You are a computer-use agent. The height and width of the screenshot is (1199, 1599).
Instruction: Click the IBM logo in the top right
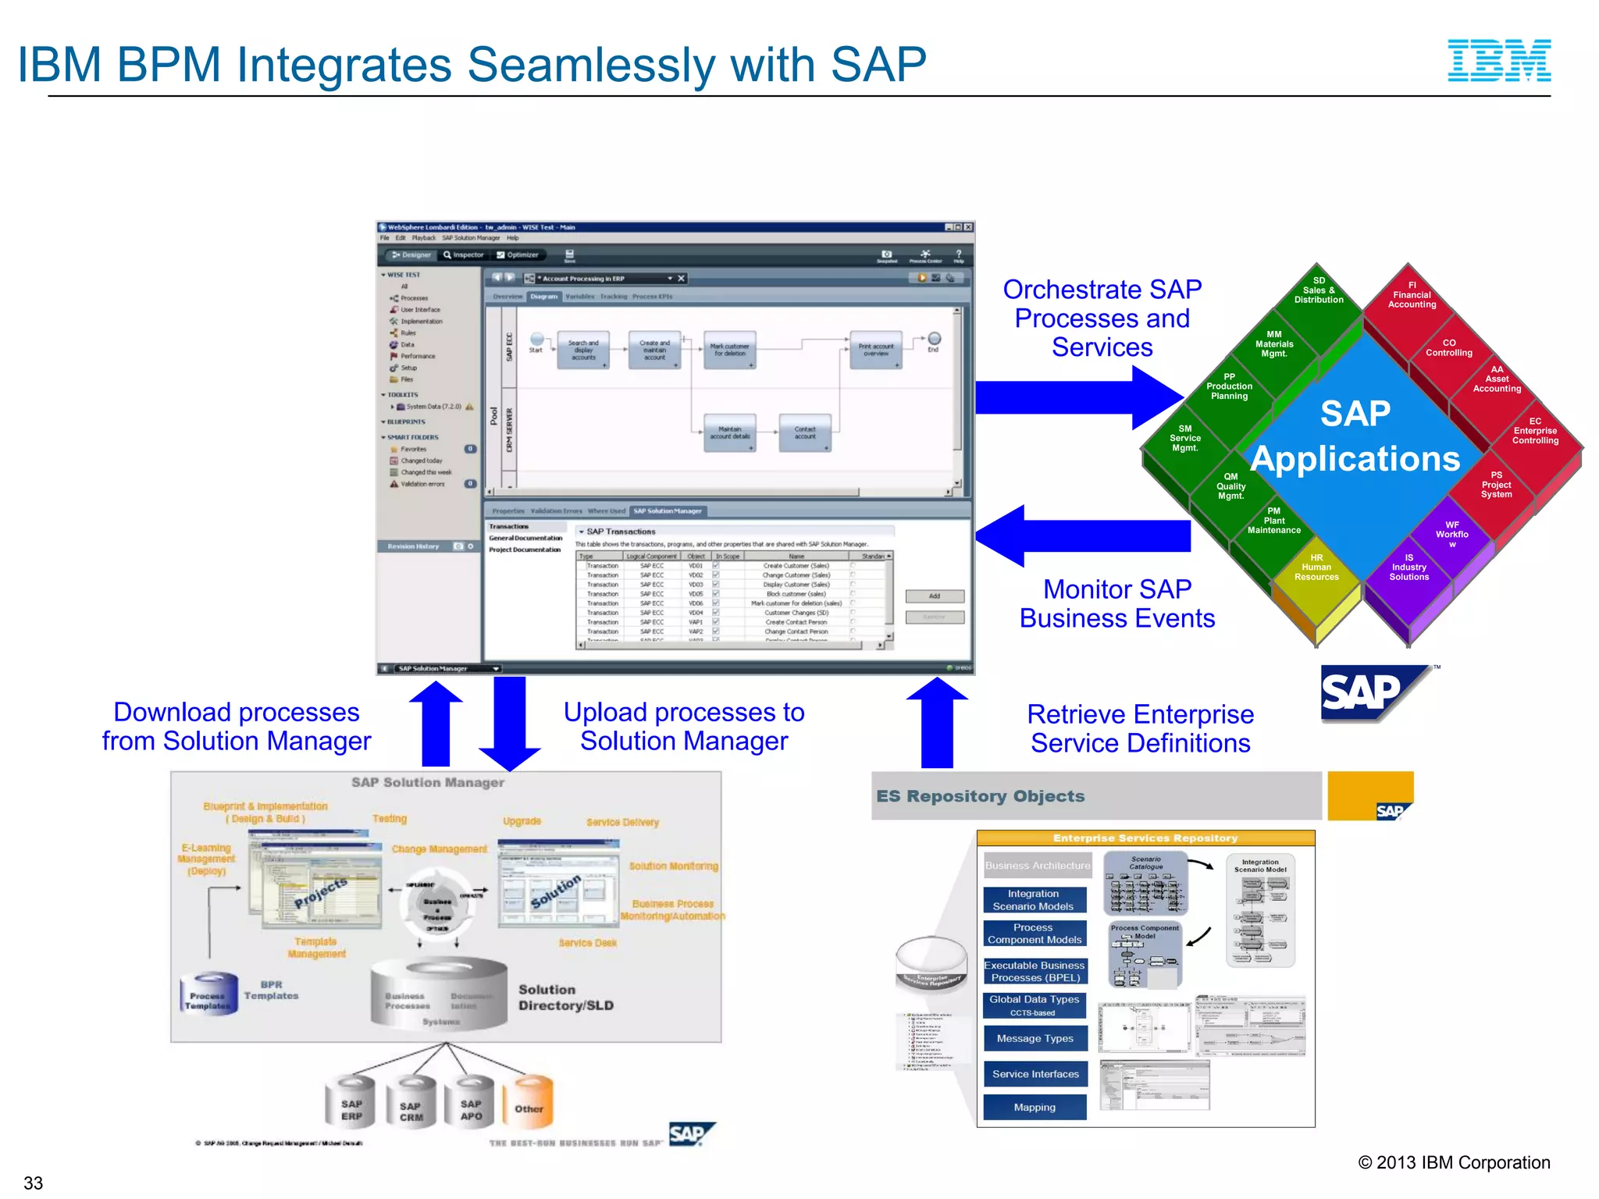[x=1499, y=61]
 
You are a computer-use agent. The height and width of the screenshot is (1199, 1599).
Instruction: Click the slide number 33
[x=34, y=1183]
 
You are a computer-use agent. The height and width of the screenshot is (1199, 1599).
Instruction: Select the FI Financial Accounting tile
[x=1412, y=296]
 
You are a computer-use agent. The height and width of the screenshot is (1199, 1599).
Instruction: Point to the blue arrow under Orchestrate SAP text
[x=1077, y=397]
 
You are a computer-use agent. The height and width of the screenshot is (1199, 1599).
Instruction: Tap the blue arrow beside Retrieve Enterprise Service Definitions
[x=936, y=722]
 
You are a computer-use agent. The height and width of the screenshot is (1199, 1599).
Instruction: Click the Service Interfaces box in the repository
[x=1035, y=1074]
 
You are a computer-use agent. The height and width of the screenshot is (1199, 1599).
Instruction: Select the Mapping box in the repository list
[x=1035, y=1107]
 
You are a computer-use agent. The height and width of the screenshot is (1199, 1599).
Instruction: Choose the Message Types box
[x=1035, y=1038]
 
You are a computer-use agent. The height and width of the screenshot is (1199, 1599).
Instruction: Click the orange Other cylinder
[x=529, y=1105]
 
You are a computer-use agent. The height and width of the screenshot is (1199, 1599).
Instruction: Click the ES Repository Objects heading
[x=980, y=796]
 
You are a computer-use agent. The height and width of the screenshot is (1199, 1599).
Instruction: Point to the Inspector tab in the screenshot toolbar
[x=463, y=254]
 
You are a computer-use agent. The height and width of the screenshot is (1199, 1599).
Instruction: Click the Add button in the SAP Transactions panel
[x=934, y=596]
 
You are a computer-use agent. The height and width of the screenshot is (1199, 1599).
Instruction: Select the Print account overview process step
[x=875, y=350]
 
